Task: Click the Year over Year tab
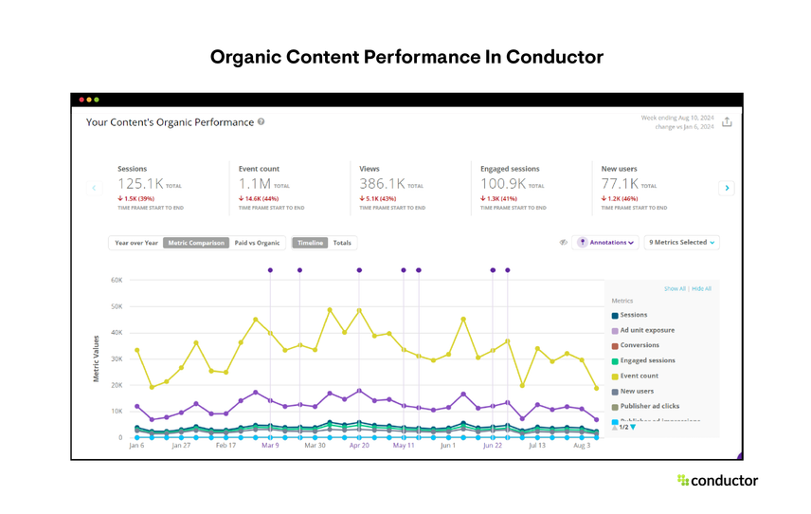point(135,243)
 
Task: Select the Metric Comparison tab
point(196,243)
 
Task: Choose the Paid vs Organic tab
point(257,243)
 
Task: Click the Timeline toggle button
point(310,243)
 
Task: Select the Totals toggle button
point(342,243)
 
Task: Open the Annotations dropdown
point(607,243)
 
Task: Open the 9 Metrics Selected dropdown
point(681,243)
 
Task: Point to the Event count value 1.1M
point(255,184)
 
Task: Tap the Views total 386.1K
point(382,184)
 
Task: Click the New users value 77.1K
point(621,184)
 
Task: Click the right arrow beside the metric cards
point(727,188)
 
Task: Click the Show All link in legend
point(674,288)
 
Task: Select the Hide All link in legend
point(701,288)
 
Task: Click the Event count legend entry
point(639,376)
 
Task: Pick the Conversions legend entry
point(639,346)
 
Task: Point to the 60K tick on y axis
point(117,280)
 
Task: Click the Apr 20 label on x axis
point(358,445)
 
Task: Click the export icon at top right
point(727,122)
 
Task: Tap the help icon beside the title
point(261,122)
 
